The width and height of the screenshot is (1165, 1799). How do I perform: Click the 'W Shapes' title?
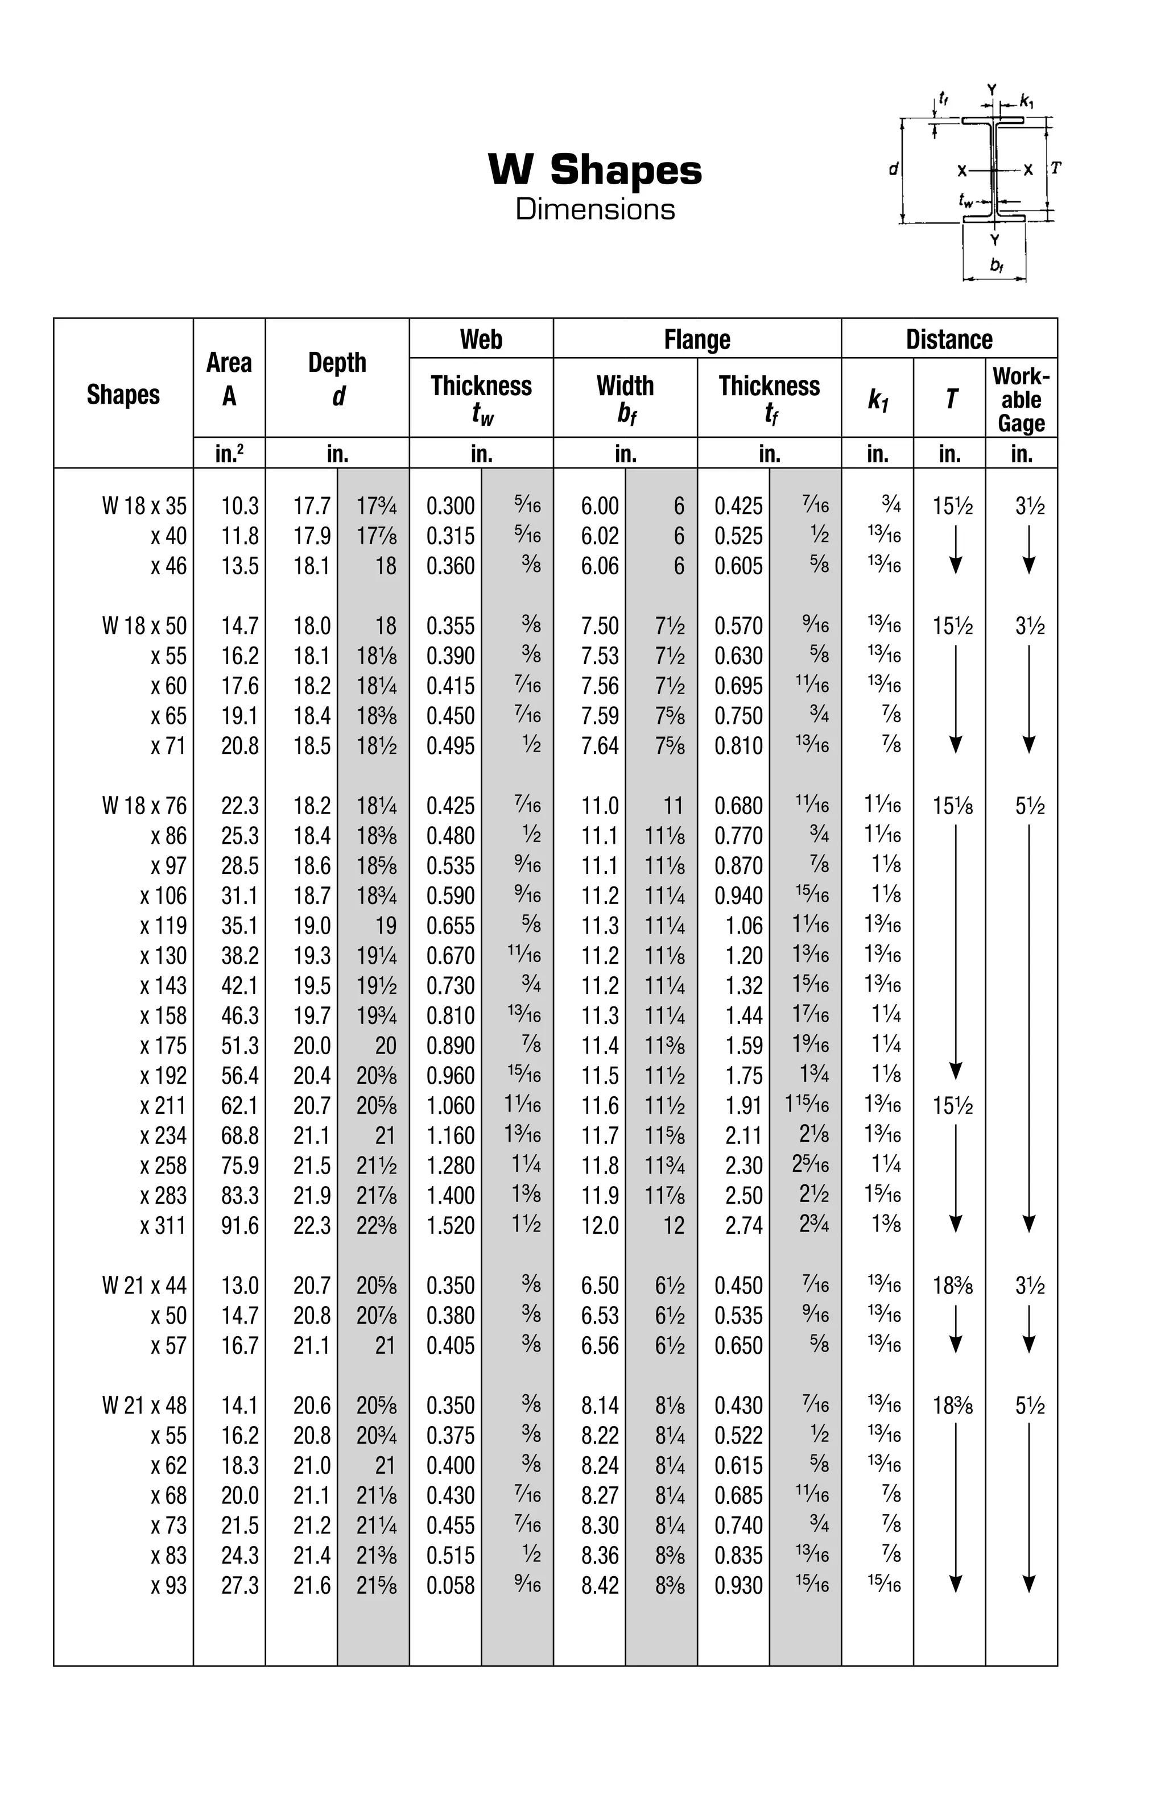coord(595,169)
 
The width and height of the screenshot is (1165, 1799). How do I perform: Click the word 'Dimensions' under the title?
coord(595,209)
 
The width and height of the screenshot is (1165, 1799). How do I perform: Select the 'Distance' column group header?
coord(948,339)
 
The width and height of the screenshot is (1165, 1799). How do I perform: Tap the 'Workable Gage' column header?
coord(1021,399)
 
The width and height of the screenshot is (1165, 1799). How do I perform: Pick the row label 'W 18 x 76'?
coord(144,806)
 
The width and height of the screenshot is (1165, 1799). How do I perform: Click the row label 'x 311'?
coord(163,1225)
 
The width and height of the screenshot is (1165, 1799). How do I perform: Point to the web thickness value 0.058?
coord(451,1585)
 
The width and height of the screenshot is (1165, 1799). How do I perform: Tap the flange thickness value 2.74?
coord(744,1225)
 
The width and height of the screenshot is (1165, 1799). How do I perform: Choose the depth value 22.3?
coord(312,1225)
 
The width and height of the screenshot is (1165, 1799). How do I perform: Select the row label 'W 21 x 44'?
coord(144,1286)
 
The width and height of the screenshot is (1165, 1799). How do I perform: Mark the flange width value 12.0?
coord(600,1225)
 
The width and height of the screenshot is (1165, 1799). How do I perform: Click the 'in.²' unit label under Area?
coord(229,454)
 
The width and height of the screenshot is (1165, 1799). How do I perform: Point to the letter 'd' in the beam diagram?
coord(893,169)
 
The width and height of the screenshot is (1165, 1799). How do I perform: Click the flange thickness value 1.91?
coord(744,1106)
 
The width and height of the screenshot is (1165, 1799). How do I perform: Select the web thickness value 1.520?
coord(451,1225)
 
